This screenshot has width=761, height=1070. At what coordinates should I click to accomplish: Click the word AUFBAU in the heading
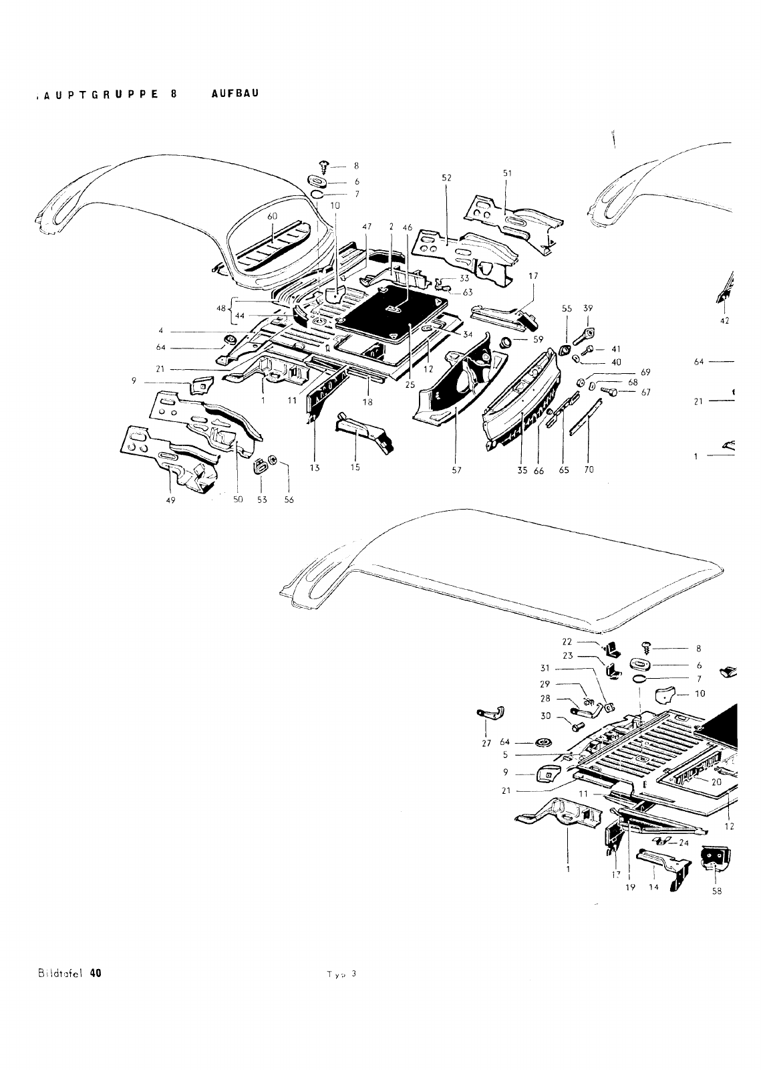235,94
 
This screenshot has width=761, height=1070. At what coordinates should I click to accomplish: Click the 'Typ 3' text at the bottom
341,974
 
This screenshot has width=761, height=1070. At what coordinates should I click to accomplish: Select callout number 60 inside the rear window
272,217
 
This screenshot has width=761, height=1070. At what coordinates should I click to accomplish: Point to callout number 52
447,178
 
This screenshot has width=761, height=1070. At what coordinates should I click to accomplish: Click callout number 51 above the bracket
507,173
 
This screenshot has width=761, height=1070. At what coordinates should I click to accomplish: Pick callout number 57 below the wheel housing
456,470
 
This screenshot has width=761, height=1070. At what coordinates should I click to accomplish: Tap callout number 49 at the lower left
170,500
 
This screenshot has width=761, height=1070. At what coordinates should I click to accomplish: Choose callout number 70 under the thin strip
589,470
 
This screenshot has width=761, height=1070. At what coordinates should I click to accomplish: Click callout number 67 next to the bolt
645,393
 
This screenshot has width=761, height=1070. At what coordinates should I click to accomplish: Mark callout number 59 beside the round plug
539,339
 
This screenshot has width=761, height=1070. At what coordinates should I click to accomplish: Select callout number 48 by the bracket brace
221,309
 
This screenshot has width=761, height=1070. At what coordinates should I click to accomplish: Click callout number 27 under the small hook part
486,743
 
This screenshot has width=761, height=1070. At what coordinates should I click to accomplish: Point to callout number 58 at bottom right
717,890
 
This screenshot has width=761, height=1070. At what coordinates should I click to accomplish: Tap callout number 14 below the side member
653,887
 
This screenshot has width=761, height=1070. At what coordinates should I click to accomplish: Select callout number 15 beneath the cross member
355,467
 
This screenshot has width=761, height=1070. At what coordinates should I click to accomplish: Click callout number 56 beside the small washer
289,500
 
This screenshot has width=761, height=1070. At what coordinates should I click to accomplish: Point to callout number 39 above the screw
587,309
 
